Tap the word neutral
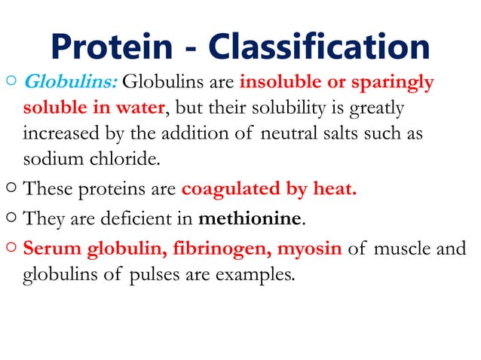[297, 134]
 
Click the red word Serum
[50, 248]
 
